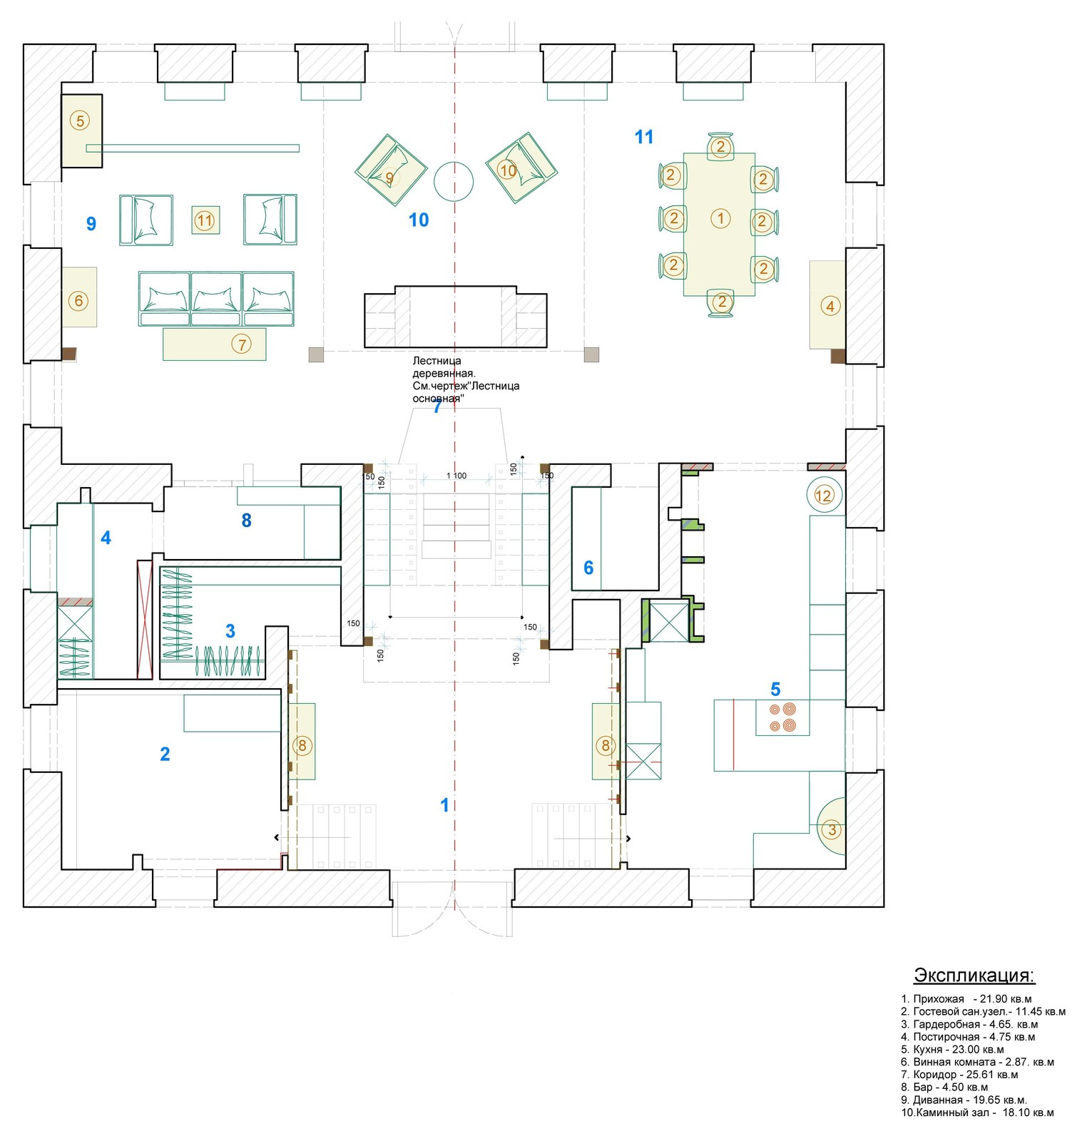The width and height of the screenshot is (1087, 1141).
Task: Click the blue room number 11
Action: (x=644, y=137)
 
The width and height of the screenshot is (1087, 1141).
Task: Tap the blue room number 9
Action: (x=91, y=224)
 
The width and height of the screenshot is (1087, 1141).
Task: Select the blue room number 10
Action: (x=419, y=220)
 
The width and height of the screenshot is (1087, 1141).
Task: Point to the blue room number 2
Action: (x=165, y=754)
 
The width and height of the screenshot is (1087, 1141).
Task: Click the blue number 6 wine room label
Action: (x=588, y=568)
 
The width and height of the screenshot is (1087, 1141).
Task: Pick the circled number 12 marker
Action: (x=824, y=495)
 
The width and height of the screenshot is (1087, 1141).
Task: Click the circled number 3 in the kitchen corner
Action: (x=831, y=829)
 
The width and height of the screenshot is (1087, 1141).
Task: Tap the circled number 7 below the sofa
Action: (x=242, y=344)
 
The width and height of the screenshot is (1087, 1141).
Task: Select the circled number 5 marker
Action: (x=80, y=121)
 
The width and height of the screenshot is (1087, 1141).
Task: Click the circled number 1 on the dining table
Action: (x=720, y=218)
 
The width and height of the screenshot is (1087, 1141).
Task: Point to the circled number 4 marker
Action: (x=830, y=306)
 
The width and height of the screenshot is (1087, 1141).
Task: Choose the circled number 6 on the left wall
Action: (x=79, y=301)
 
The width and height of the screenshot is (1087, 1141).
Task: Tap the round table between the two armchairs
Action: (x=454, y=181)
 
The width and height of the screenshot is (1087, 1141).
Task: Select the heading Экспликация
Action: (x=974, y=975)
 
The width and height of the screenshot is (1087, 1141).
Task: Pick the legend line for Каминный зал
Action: (x=977, y=1112)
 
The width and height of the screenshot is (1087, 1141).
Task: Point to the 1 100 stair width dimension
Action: (x=456, y=475)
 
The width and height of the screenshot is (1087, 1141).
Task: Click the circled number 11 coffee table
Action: (x=205, y=220)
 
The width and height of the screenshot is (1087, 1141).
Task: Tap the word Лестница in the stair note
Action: (x=437, y=361)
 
